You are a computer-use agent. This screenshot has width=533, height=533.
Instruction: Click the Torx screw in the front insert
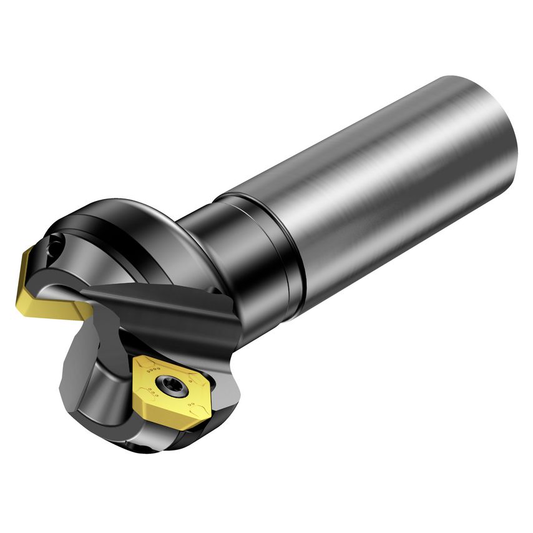tap(172, 385)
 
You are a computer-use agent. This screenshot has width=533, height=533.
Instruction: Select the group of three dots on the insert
tap(153, 393)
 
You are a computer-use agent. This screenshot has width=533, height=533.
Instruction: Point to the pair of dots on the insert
tap(191, 404)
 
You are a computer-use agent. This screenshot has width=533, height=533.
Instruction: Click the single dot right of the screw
tap(190, 381)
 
